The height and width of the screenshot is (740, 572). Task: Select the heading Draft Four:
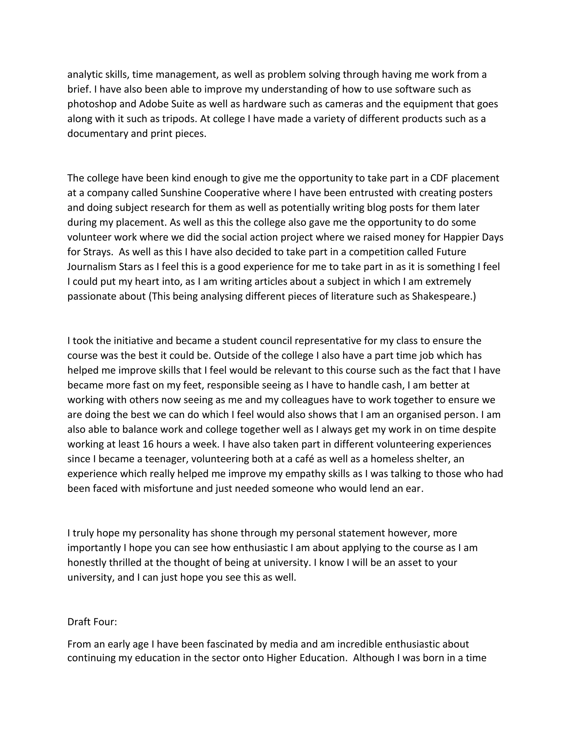point(92,622)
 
